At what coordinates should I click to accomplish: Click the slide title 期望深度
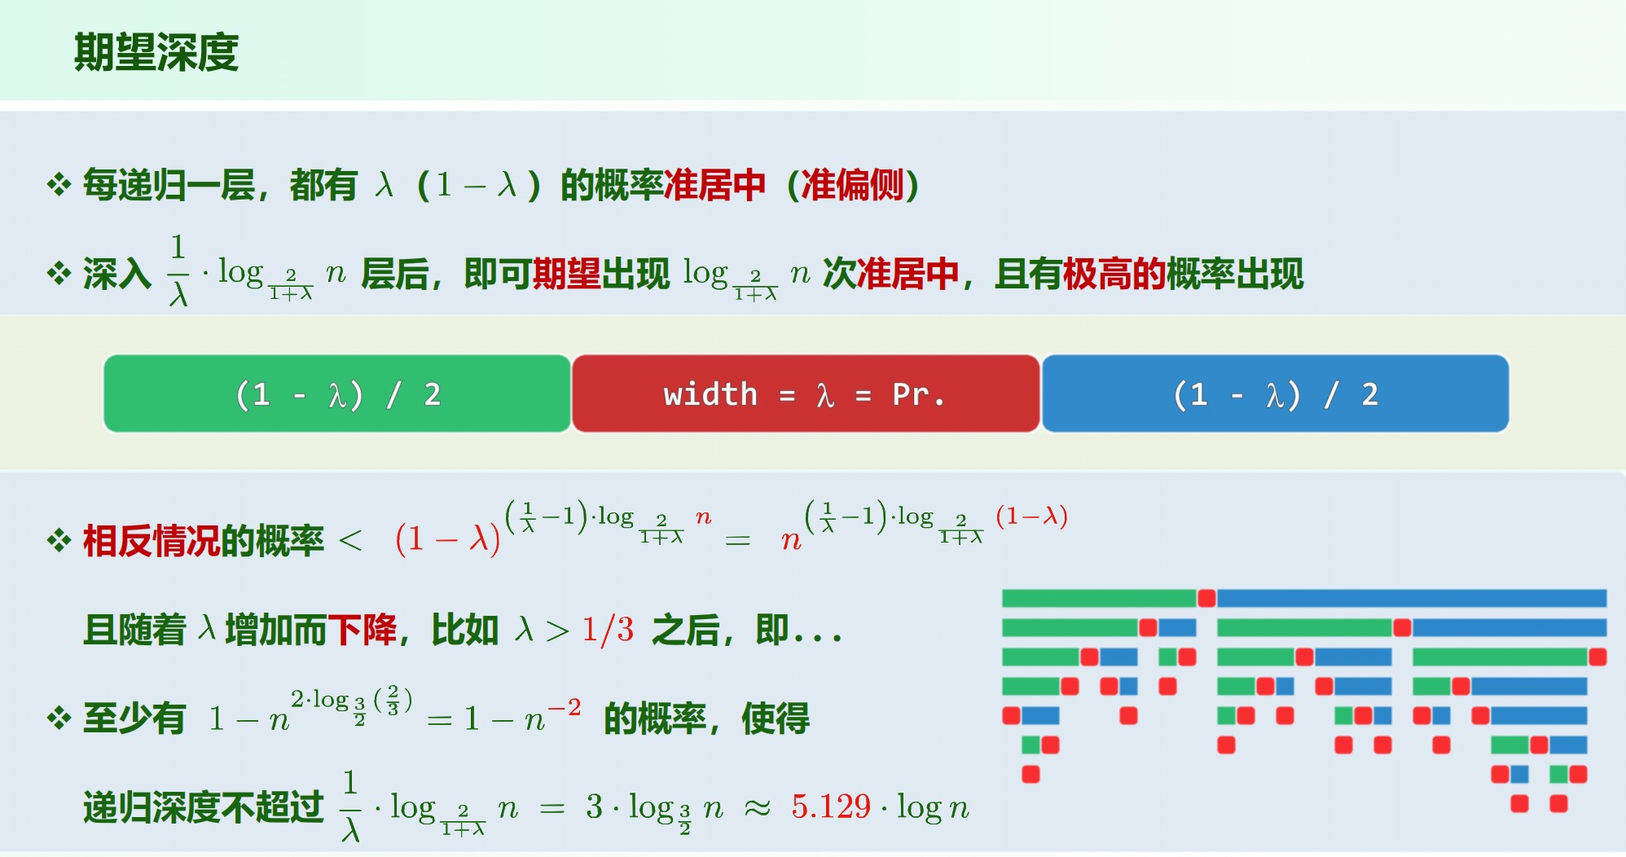[x=156, y=53]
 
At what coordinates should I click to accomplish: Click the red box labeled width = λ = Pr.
[x=805, y=394]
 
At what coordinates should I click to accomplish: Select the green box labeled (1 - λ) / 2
[x=337, y=394]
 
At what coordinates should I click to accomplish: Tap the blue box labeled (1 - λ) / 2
[x=1275, y=394]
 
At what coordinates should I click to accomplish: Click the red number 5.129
[x=831, y=806]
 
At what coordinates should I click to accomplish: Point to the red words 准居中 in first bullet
[x=714, y=185]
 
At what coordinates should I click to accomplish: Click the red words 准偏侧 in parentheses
[x=852, y=185]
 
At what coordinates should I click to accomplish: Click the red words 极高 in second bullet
[x=1096, y=274]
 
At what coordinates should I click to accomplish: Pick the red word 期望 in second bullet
[x=566, y=274]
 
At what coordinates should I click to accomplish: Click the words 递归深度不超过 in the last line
[x=204, y=807]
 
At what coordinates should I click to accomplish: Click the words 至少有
[x=134, y=719]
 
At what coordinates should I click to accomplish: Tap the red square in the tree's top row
[x=1206, y=599]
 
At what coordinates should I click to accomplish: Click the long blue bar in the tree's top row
[x=1411, y=599]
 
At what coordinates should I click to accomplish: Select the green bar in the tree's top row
[x=1098, y=599]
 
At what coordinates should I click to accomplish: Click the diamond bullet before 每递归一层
[x=59, y=185]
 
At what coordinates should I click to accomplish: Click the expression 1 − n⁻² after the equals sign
[x=522, y=718]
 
